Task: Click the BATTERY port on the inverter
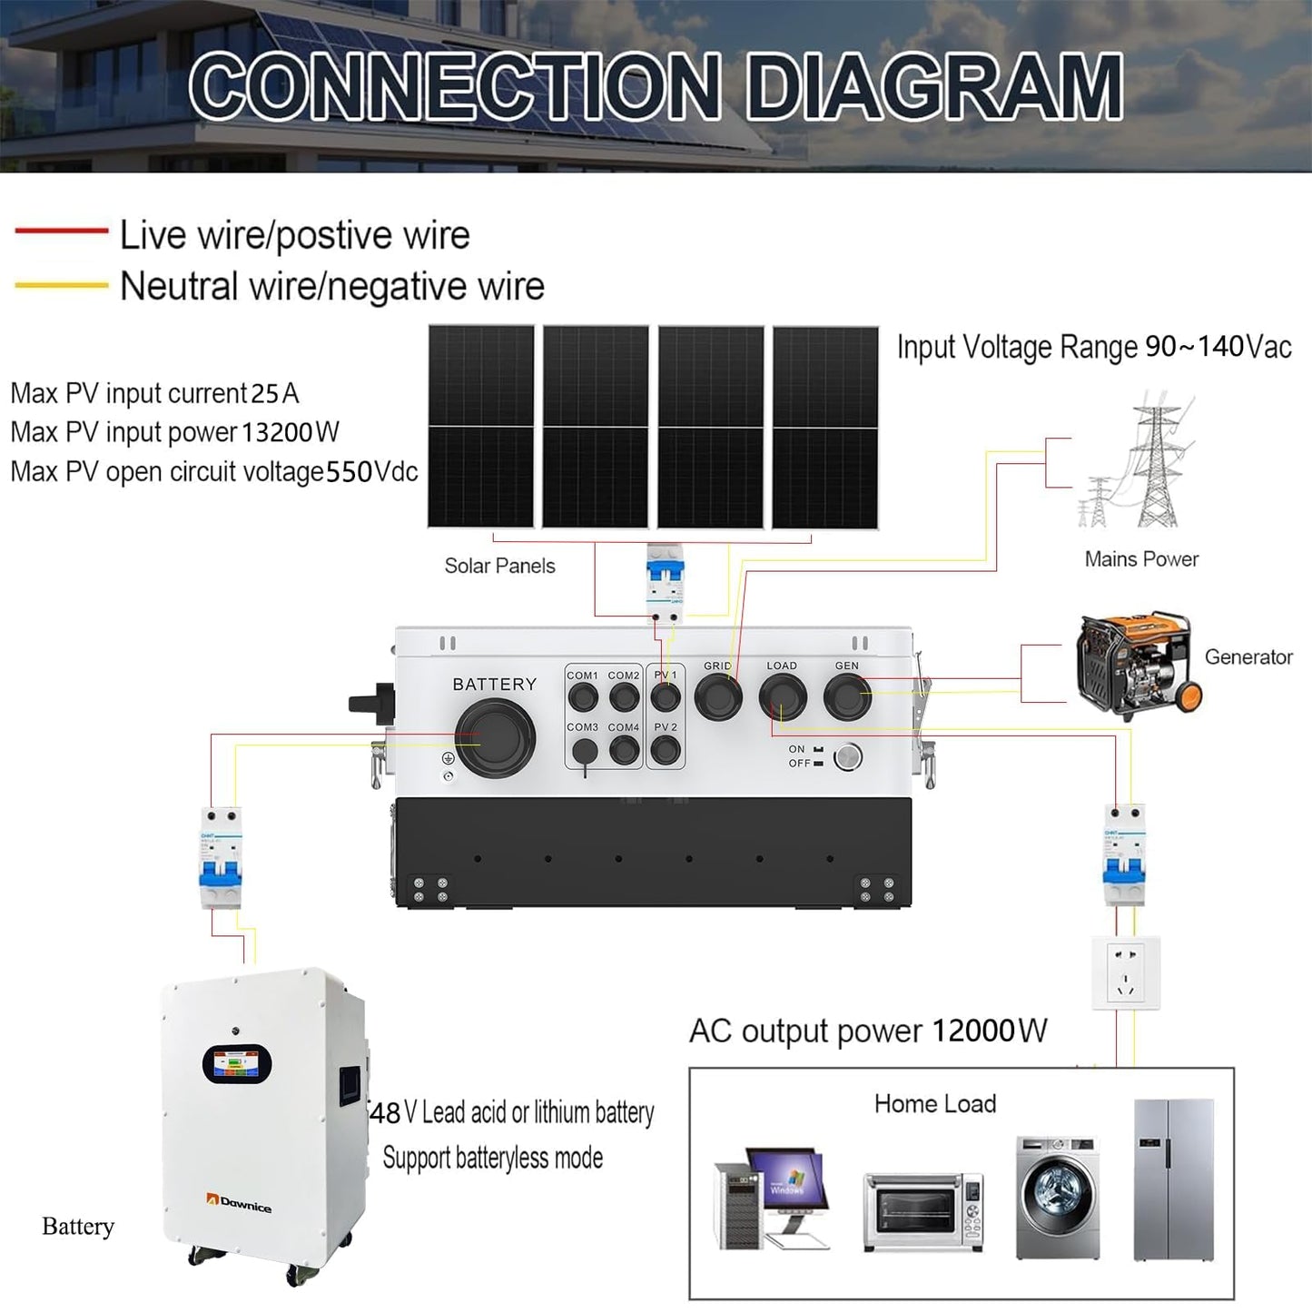coord(495,738)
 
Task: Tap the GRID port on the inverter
coord(718,697)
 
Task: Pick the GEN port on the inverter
coord(847,697)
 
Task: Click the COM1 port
coord(582,697)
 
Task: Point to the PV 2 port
coord(666,750)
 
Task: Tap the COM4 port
coord(624,750)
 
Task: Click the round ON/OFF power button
coord(847,756)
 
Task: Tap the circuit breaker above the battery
coord(222,857)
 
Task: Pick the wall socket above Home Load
coord(1126,973)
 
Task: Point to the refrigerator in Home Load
coord(1173,1179)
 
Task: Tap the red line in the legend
coord(62,232)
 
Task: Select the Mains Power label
coord(1141,559)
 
